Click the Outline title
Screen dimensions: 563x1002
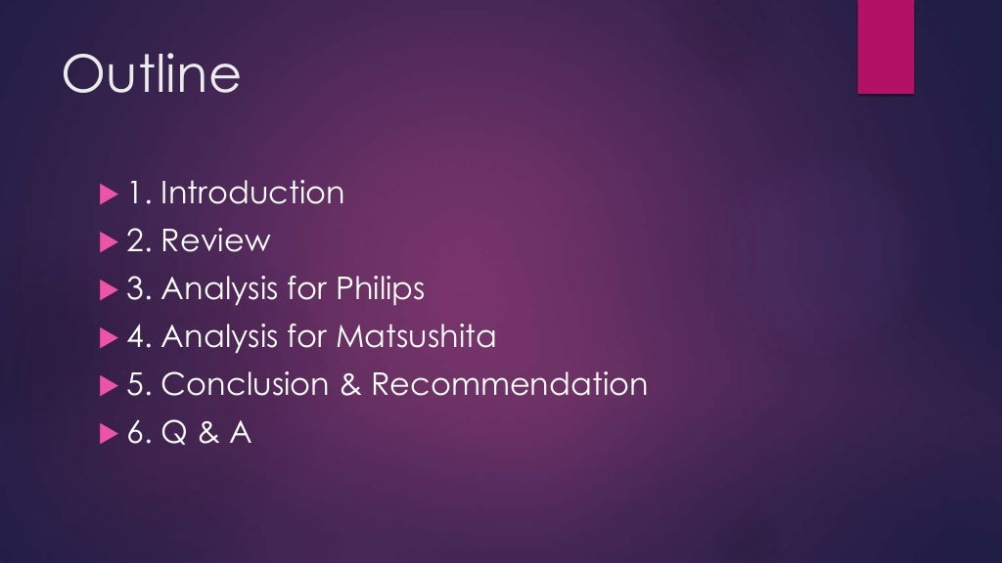[x=151, y=74]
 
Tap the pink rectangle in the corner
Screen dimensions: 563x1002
[x=886, y=46]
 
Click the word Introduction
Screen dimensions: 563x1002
[x=252, y=193]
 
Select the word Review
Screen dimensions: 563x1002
[x=216, y=240]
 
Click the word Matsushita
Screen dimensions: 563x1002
[x=417, y=336]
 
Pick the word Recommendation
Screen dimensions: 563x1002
[x=509, y=384]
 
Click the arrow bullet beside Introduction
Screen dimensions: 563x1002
[x=108, y=194]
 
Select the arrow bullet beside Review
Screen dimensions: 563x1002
[x=108, y=241]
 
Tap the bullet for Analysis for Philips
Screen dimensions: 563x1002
[x=108, y=289]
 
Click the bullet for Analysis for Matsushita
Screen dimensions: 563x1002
[x=108, y=337]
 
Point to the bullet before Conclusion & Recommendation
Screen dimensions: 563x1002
[x=108, y=385]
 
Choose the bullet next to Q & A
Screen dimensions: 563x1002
[x=108, y=433]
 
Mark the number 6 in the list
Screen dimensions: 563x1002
[x=136, y=432]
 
